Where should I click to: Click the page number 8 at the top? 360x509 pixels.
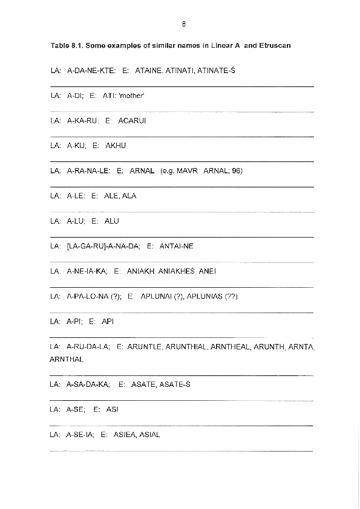183,25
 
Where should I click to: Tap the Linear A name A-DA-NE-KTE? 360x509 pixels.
91,71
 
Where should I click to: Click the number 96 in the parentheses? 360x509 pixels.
236,171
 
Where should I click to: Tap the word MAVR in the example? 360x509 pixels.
187,171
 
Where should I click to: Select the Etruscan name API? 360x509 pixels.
108,322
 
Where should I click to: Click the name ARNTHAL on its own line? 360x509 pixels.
67,358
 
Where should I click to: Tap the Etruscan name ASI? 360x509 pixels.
112,409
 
